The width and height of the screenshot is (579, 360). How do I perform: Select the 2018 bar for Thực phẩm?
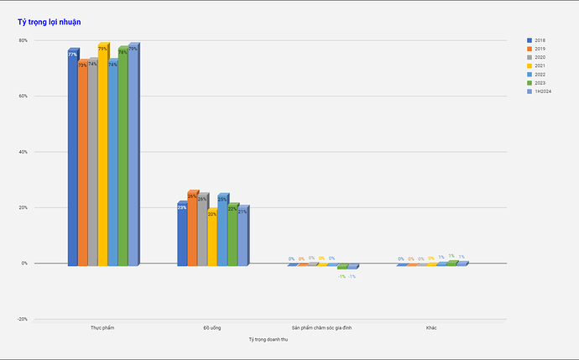pos(73,159)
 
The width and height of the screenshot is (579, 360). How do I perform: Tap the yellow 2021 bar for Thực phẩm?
pos(103,155)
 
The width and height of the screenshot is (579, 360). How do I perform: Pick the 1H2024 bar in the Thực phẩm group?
pos(133,155)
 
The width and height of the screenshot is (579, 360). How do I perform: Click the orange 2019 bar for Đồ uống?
pos(193,228)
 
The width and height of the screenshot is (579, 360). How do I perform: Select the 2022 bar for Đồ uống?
pos(222,230)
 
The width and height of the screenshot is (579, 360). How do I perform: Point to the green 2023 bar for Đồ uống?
pos(232,235)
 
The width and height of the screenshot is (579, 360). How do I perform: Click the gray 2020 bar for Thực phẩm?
pos(93,164)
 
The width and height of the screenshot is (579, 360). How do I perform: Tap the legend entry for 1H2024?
pos(542,91)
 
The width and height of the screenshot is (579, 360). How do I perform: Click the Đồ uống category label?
pos(212,327)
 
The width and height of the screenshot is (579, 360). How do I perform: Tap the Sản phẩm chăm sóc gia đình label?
pos(322,327)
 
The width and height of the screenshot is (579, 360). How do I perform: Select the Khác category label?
pos(431,327)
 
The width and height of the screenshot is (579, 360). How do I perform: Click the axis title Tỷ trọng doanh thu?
pos(268,338)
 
